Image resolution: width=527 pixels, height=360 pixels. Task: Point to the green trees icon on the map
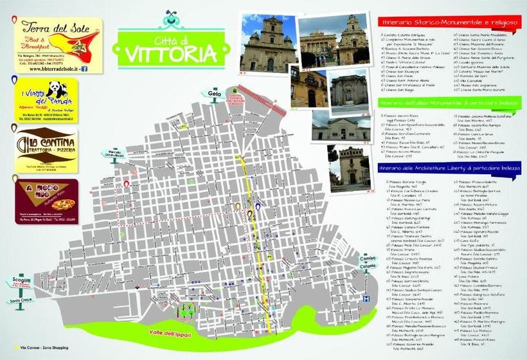point(188,311)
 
